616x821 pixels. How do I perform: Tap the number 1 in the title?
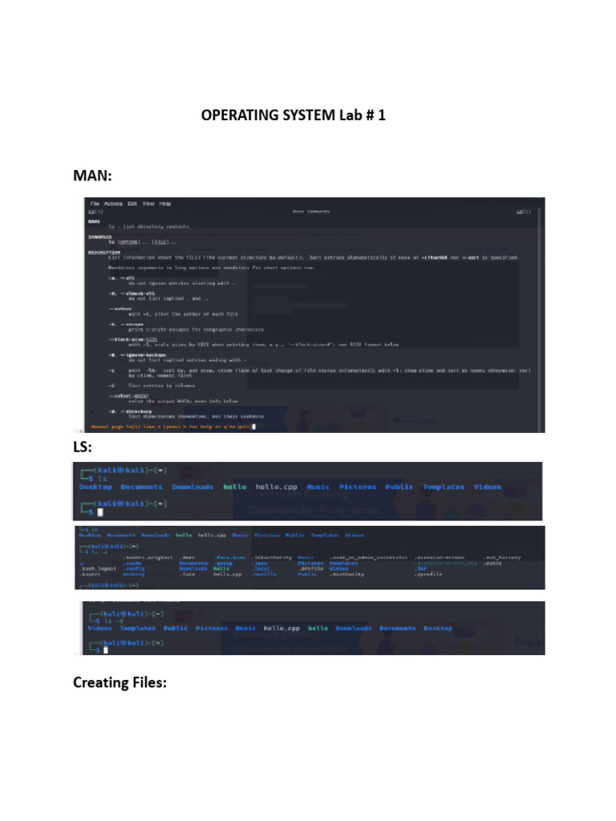[382, 115]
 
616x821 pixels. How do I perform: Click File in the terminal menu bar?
[95, 204]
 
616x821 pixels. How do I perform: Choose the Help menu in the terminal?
[165, 204]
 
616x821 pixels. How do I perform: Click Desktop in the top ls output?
[95, 487]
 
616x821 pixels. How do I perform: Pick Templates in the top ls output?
[444, 487]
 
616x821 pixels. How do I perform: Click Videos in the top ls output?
[487, 487]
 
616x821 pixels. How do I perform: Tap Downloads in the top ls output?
[192, 487]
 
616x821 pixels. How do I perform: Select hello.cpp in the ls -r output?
[282, 629]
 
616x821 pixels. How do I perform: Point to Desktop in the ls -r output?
[438, 629]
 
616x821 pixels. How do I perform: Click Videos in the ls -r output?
[99, 629]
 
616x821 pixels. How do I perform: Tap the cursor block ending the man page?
[253, 427]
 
